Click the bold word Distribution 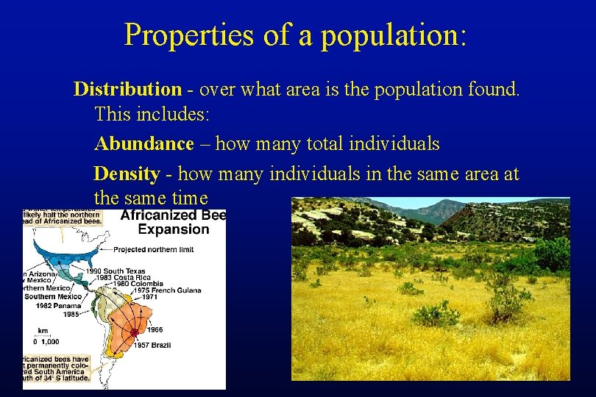tap(127, 90)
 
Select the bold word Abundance tap(144, 143)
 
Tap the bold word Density tap(127, 174)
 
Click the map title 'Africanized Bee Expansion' tap(173, 222)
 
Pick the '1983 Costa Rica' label tap(117, 278)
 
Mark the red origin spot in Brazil tap(134, 332)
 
